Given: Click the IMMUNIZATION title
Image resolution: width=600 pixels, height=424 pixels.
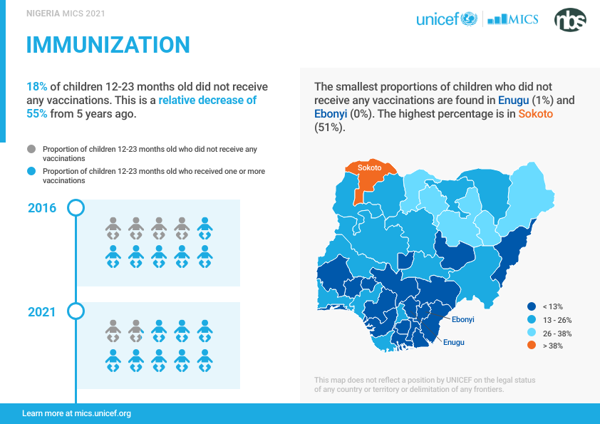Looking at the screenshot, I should click(x=108, y=45).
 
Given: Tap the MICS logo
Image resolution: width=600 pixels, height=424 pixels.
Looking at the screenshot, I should click(x=512, y=19).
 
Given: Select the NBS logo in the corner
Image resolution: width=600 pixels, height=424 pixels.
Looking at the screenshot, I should click(x=570, y=19).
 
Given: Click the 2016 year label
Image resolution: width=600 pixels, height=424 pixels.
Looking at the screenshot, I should click(x=42, y=208).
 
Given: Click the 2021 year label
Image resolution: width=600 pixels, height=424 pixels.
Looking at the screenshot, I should click(x=42, y=312).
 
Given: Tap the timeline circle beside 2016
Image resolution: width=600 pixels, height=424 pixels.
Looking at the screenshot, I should click(x=76, y=208).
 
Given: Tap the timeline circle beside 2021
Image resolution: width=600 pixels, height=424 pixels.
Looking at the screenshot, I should click(x=76, y=311).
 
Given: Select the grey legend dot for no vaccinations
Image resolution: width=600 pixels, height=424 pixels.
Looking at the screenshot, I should click(x=31, y=149).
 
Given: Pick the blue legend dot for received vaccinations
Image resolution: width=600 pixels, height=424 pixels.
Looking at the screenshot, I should click(x=31, y=172).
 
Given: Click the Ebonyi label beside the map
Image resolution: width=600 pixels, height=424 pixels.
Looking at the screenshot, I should click(x=462, y=319).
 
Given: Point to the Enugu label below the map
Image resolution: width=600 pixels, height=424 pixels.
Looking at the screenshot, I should click(x=453, y=342).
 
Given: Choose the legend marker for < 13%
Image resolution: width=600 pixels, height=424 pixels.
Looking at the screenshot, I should click(x=531, y=306).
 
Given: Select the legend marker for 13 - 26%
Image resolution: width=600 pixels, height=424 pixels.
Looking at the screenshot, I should click(x=531, y=320).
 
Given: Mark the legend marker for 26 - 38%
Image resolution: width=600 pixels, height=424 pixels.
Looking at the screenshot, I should click(x=531, y=333).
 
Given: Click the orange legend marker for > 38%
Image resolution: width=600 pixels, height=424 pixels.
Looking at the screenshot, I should click(x=531, y=346).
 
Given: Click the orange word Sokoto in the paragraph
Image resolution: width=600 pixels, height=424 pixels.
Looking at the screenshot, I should click(x=535, y=114).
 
